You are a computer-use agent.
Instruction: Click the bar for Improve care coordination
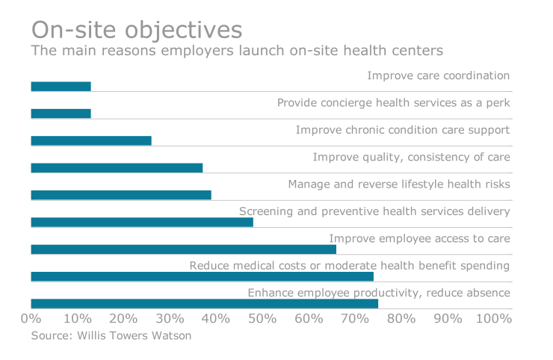[x=61, y=87]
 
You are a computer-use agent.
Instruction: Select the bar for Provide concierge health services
[x=61, y=114]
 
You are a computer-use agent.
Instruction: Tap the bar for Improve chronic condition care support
[x=90, y=140]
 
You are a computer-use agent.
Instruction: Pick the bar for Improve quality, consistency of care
[x=117, y=168]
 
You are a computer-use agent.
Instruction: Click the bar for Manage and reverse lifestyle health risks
[x=121, y=195]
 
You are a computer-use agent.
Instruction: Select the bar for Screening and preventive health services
[x=142, y=222]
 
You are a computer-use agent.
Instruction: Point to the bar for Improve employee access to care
[x=183, y=249]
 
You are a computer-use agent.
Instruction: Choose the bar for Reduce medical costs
[x=202, y=276]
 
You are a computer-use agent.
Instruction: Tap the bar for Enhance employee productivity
[x=204, y=303]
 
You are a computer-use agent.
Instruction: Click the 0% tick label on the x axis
[x=31, y=319]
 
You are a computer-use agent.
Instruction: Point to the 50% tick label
[x=262, y=319]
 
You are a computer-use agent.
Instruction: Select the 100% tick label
[x=493, y=319]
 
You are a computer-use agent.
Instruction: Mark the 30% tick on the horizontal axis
[x=170, y=319]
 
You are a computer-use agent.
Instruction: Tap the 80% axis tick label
[x=401, y=319]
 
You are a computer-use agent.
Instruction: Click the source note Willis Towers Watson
[x=111, y=336]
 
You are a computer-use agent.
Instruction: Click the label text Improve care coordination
[x=438, y=75]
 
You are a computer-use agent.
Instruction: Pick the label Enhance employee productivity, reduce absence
[x=378, y=293]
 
